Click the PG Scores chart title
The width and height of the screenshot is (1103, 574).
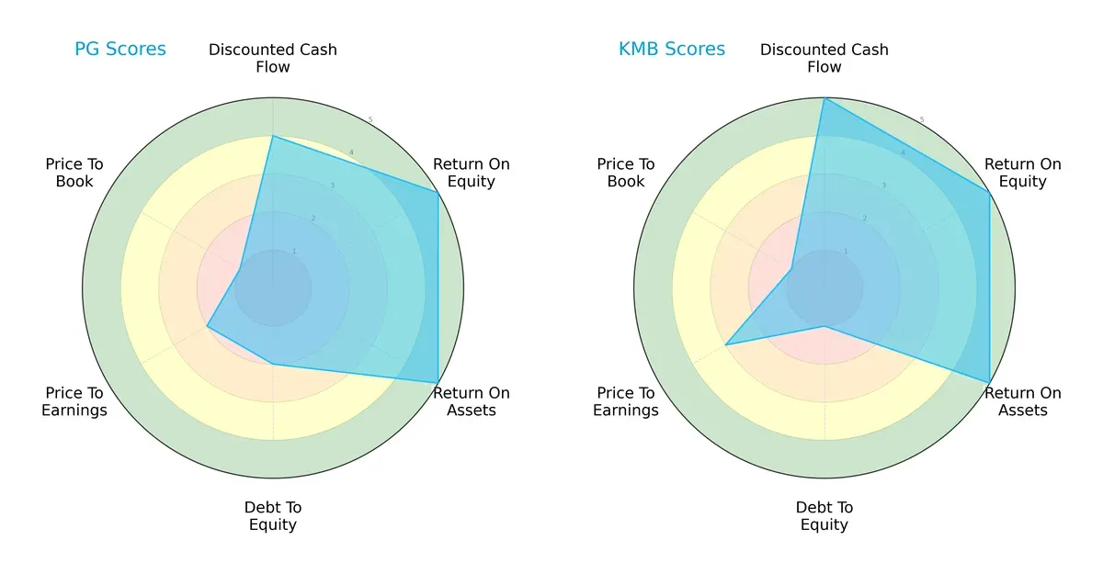120,49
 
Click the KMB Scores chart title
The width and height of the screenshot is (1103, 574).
672,49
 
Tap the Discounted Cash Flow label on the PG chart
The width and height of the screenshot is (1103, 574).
273,58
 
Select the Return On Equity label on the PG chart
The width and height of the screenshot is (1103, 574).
471,173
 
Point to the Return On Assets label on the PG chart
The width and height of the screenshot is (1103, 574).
471,401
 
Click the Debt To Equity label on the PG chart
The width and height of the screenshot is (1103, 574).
273,516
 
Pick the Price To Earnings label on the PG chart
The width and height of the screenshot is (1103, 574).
74,401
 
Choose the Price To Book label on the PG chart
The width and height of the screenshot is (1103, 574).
74,173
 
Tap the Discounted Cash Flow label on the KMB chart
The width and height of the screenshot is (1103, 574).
824,58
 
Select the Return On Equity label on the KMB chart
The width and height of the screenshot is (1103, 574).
1022,173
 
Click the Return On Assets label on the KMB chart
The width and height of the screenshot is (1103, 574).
1022,401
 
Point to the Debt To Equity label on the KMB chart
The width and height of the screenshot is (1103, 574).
824,516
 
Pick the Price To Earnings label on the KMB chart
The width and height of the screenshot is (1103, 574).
626,401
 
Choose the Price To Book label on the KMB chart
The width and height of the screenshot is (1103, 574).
626,173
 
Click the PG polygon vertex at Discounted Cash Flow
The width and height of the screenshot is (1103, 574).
273,137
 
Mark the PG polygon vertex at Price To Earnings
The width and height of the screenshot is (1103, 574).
208,326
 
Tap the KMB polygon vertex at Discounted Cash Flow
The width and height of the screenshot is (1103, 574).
824,98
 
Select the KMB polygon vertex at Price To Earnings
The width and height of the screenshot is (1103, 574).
726,344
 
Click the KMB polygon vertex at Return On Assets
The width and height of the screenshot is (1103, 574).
989,382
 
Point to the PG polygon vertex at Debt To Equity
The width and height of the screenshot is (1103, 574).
273,364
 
